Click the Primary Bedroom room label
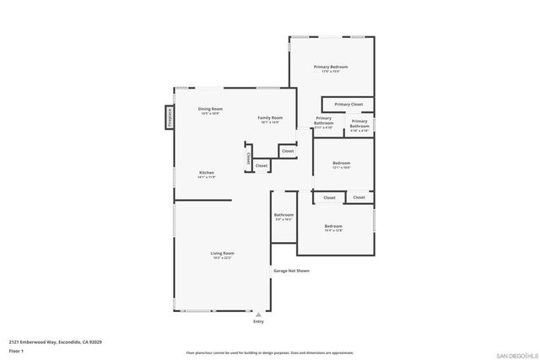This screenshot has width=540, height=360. tap(331, 67)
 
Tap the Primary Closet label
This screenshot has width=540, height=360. tap(348, 105)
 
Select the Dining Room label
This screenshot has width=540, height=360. tap(210, 109)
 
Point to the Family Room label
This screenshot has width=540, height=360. tap(270, 117)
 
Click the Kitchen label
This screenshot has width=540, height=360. tap(207, 172)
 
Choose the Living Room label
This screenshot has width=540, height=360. tap(222, 253)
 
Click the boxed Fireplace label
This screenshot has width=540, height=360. tap(169, 117)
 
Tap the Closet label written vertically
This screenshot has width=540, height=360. tap(248, 159)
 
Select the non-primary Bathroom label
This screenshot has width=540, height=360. tap(283, 215)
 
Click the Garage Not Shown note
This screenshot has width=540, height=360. tap(291, 271)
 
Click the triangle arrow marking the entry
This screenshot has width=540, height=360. tap(258, 314)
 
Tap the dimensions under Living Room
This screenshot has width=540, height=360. tap(222, 258)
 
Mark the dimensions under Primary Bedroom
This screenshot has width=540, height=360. tap(331, 72)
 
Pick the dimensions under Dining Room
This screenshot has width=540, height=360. tap(210, 114)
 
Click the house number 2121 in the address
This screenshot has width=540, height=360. tap(15, 342)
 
